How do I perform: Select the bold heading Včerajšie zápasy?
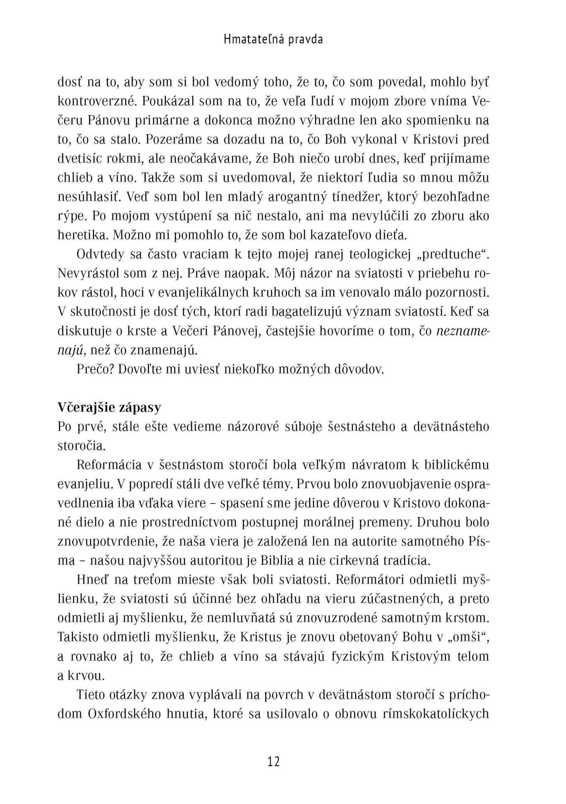coord(109,407)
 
